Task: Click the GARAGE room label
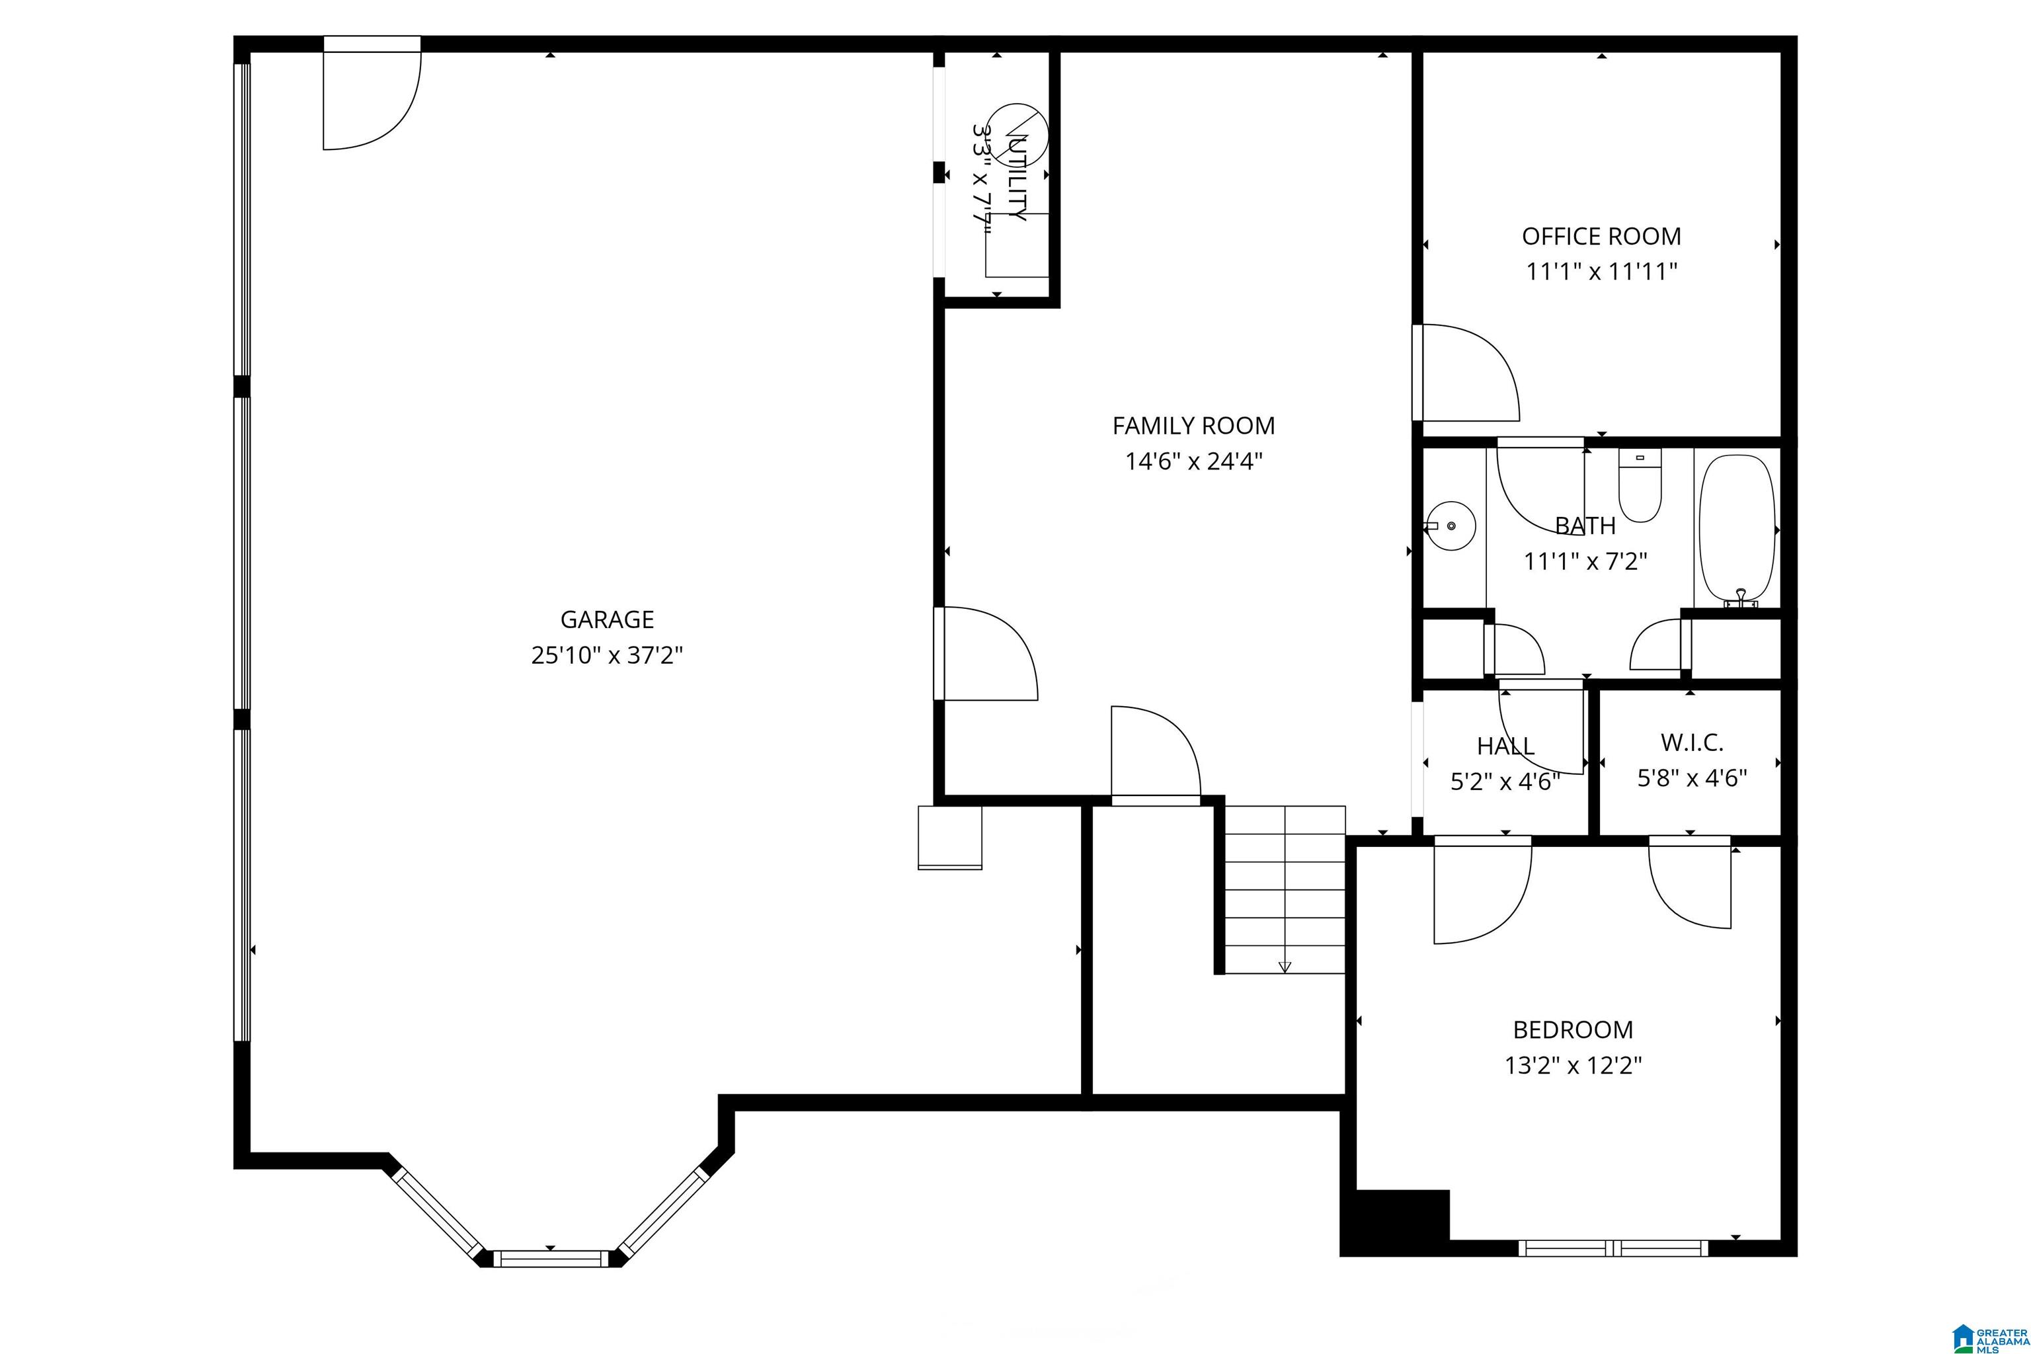pyautogui.click(x=607, y=619)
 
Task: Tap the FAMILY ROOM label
pyautogui.click(x=1193, y=426)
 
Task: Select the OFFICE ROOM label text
pyautogui.click(x=1602, y=237)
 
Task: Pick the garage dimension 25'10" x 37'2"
pyautogui.click(x=607, y=655)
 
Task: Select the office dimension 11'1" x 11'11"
pyautogui.click(x=1602, y=272)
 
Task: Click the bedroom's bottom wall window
pyautogui.click(x=1613, y=1248)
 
